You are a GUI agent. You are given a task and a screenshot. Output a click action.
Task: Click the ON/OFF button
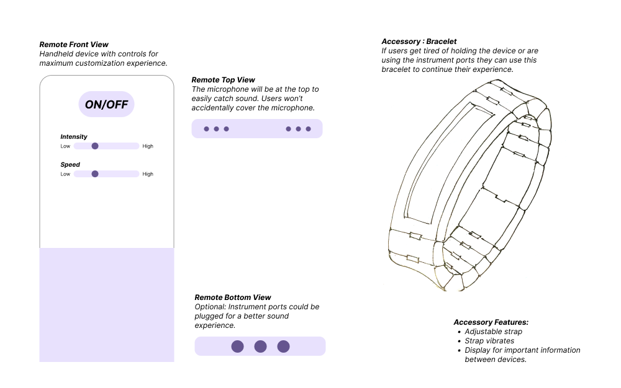[x=106, y=104]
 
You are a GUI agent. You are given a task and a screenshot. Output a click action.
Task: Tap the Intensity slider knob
[x=95, y=146]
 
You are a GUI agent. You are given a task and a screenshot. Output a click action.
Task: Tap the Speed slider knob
[x=95, y=174]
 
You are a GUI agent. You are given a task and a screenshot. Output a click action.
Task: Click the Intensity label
[x=74, y=136]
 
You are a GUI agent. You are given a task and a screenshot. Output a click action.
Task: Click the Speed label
[x=70, y=165]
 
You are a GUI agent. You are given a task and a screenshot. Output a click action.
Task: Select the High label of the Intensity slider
[x=148, y=146]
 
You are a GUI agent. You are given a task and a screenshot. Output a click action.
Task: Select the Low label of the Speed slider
[x=65, y=174]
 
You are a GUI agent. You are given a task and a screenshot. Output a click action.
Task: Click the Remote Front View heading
[x=74, y=45]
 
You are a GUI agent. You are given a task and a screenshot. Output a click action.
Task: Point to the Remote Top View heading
[x=223, y=80]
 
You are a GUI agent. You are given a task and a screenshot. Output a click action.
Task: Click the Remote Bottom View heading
[x=233, y=298]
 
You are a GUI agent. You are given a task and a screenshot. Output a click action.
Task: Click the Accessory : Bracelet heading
[x=419, y=42]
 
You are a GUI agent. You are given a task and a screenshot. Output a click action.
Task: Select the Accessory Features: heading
[x=491, y=322]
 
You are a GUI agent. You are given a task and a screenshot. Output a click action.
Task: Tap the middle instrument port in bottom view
[x=260, y=346]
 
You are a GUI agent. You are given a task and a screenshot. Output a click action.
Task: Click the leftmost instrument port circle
[x=237, y=346]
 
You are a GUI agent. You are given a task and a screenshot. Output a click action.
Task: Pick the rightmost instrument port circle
[x=283, y=346]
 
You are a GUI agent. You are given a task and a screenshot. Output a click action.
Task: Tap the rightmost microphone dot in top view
[x=309, y=129]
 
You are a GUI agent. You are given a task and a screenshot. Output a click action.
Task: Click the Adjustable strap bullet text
[x=493, y=332]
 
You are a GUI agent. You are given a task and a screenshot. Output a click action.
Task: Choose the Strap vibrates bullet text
[x=489, y=341]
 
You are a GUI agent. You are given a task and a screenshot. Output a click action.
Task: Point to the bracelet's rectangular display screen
[x=446, y=164]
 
